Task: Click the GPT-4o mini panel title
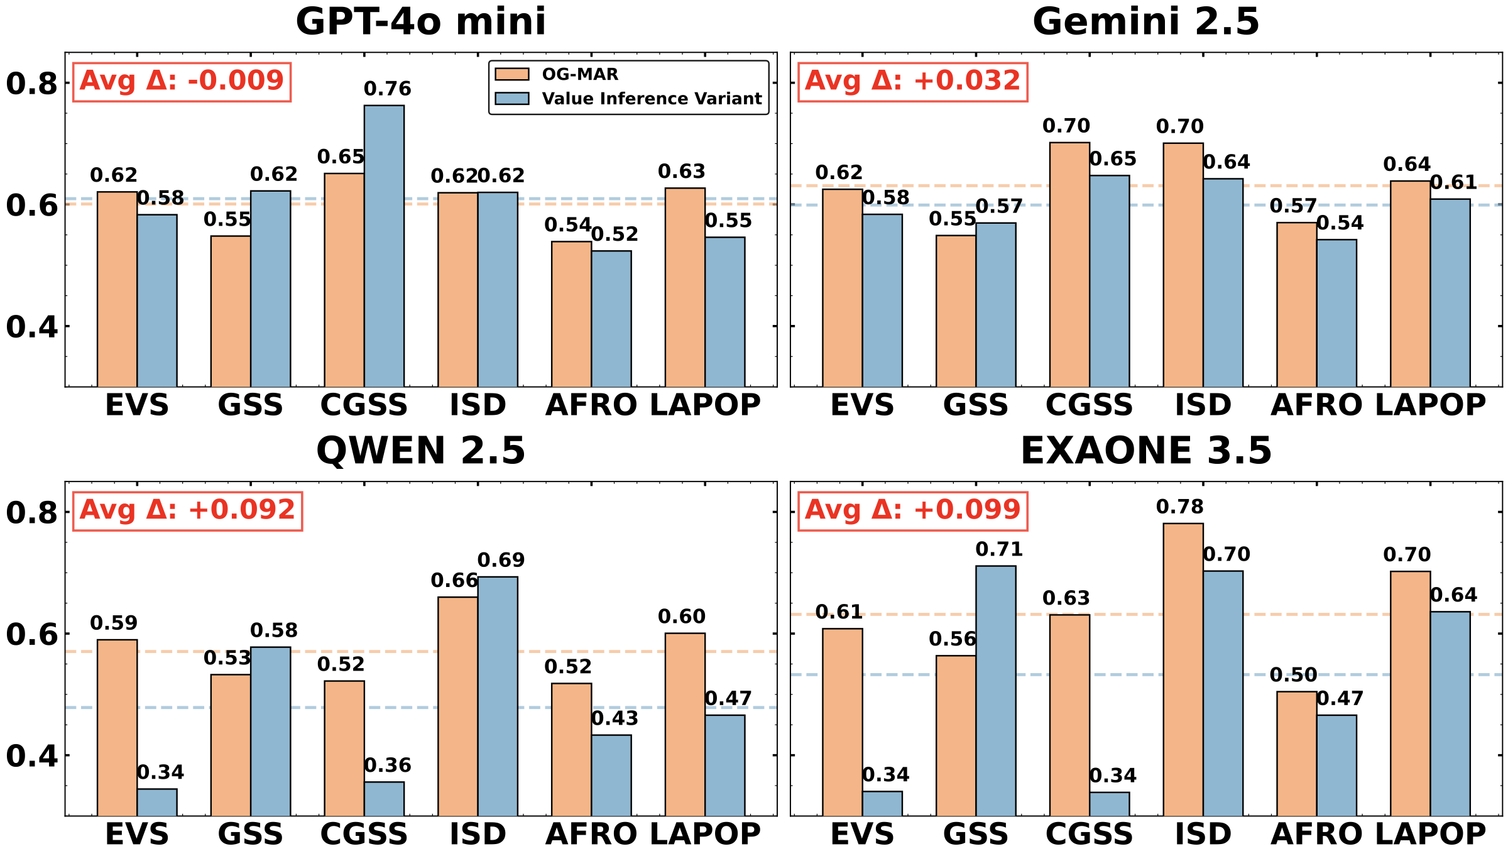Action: [x=421, y=21]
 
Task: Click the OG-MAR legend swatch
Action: [x=512, y=74]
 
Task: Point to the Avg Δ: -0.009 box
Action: [x=182, y=81]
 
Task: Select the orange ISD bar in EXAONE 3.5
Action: [x=1183, y=669]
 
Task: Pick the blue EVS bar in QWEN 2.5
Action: [x=157, y=803]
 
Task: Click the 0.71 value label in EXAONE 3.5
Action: [x=999, y=550]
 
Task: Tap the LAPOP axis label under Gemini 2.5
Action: [x=1430, y=405]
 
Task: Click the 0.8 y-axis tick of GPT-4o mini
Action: [x=31, y=84]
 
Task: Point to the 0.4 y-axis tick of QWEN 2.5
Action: [x=31, y=756]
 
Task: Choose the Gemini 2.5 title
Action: [x=1146, y=21]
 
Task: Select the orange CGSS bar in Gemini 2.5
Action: [x=1069, y=265]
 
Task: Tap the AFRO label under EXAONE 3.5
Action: [x=1316, y=835]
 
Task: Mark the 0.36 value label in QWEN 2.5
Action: [x=388, y=765]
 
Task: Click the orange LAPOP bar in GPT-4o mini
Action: [x=685, y=287]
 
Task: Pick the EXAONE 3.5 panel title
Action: [x=1146, y=451]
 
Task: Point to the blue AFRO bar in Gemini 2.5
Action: [x=1336, y=313]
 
